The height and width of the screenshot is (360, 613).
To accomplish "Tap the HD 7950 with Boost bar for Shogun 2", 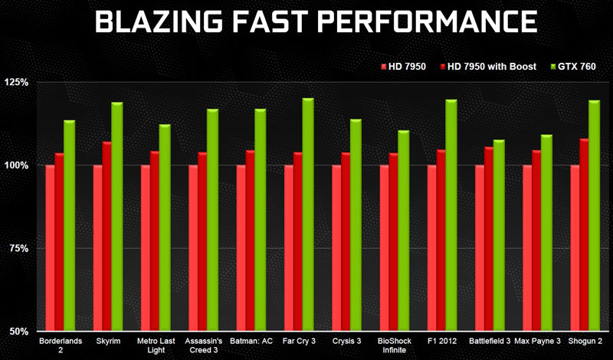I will coord(585,234).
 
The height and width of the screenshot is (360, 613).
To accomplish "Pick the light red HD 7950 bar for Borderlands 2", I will coord(51,248).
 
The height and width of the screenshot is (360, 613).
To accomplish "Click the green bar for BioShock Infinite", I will coord(404,231).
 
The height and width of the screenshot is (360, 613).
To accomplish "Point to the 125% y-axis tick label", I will coord(16,82).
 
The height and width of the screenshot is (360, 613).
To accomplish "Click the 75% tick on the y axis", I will coord(18,248).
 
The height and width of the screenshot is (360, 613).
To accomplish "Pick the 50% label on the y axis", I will coord(18,332).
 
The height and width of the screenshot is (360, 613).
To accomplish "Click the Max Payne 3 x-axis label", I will coord(537,339).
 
